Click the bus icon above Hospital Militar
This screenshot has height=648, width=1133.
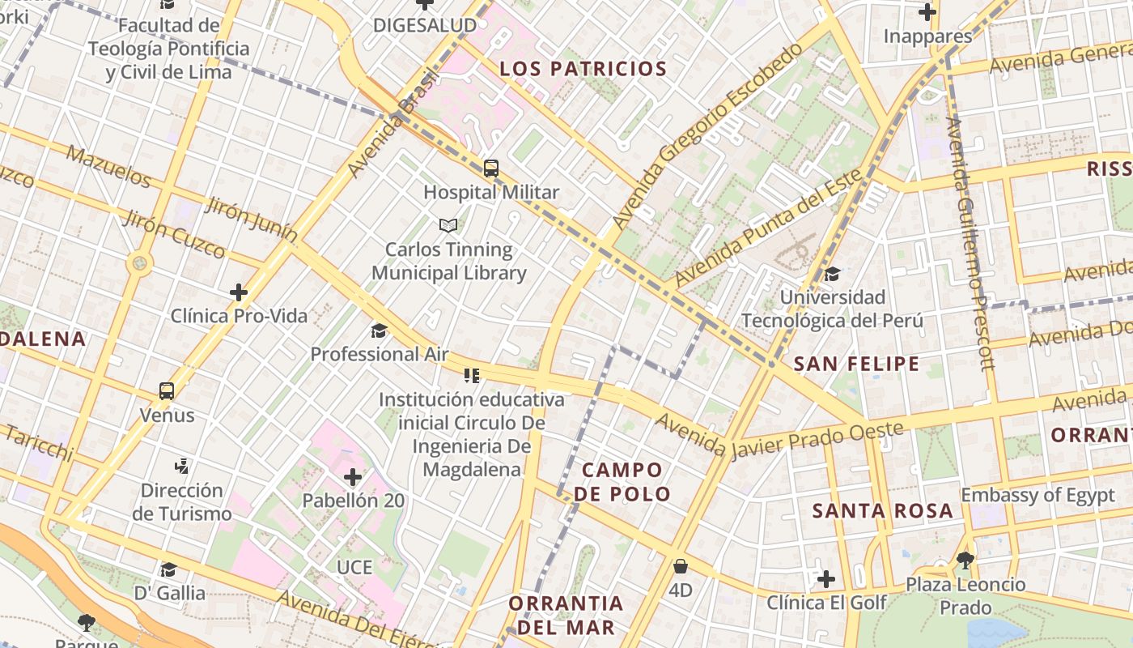491,168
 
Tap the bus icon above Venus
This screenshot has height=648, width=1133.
167,391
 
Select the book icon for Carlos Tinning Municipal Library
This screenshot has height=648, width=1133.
448,225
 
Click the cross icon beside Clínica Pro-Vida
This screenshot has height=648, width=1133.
239,292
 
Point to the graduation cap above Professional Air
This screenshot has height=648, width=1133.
379,330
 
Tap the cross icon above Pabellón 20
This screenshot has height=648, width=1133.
353,477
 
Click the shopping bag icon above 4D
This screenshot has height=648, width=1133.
681,566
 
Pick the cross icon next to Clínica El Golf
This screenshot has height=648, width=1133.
825,579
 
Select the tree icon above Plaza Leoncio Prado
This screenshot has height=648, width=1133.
965,559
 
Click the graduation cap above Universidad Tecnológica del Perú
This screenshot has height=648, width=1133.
832,274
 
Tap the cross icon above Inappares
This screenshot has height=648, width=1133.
927,12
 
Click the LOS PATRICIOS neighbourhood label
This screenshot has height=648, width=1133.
583,69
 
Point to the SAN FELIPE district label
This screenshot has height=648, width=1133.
856,364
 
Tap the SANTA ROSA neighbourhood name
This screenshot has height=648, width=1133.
882,511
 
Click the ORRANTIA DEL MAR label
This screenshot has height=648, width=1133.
566,615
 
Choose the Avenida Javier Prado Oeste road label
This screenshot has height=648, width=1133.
779,437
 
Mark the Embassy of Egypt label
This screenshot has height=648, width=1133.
1038,496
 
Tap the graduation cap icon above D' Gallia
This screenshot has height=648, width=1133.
168,570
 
